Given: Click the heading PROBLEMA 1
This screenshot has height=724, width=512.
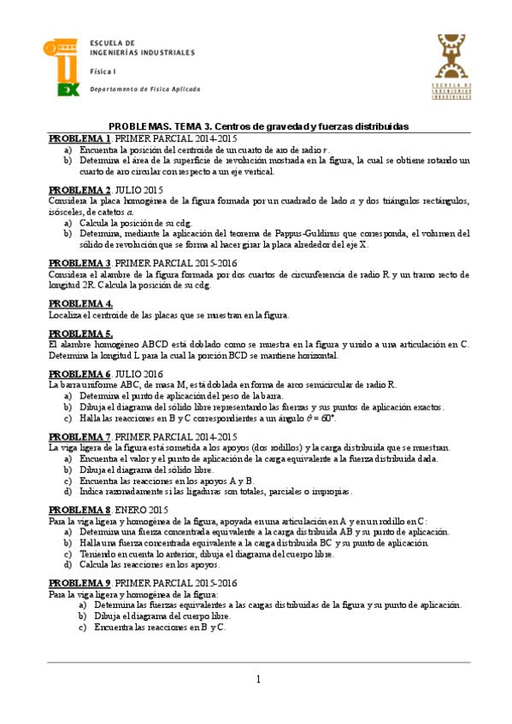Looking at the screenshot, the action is coord(79,138).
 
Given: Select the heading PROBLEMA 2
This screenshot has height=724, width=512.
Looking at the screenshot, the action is coord(79,190).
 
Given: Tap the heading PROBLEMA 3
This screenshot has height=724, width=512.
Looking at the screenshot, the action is coord(79,262).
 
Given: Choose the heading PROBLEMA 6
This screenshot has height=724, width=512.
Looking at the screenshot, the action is coord(79,375).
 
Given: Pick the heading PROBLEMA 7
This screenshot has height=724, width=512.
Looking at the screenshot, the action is coord(79,436).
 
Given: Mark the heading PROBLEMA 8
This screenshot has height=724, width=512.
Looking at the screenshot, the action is coord(79,510).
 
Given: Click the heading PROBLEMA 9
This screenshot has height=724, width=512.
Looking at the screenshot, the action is coord(79,583).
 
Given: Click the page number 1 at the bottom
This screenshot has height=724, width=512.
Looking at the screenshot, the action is coord(257,679).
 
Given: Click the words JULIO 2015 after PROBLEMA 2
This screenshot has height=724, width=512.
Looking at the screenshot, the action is coord(138,190).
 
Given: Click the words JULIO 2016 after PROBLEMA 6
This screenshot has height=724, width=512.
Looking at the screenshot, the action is coord(138,375).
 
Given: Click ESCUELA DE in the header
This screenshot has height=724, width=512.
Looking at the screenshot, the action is coord(113,43).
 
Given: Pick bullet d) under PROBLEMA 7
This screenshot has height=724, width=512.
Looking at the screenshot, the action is coord(68,491).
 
